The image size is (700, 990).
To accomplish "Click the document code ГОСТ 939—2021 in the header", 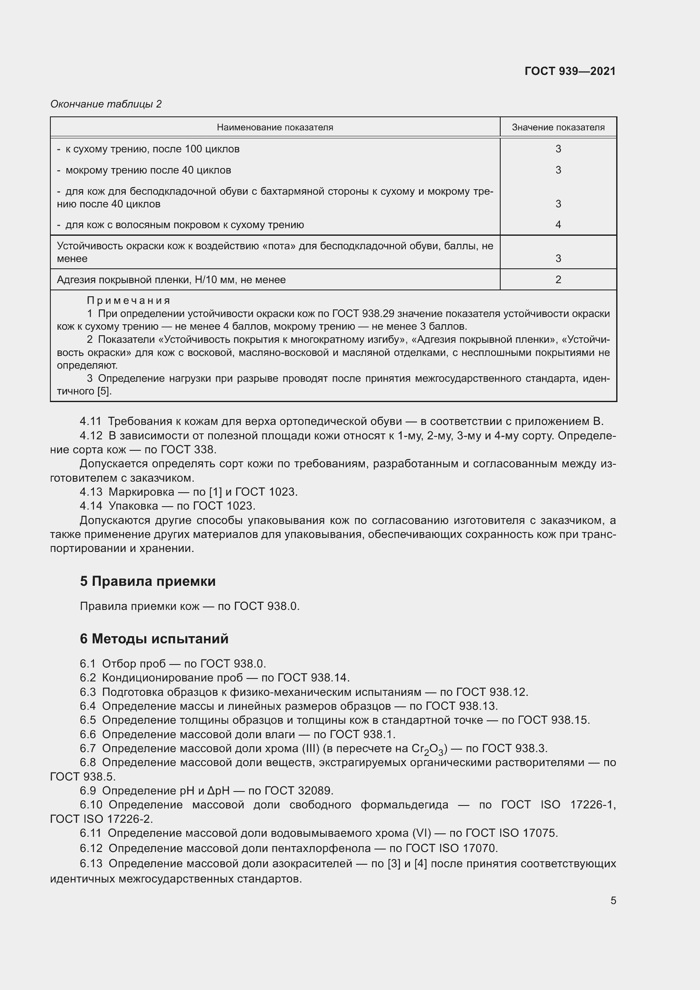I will [570, 71].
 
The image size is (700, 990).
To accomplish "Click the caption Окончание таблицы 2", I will [106, 104].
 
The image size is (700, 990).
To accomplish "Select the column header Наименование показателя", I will [275, 127].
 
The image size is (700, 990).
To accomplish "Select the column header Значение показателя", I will [558, 127].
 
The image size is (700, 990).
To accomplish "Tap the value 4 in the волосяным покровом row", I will [558, 224].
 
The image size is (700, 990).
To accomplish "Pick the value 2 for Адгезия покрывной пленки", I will [558, 279].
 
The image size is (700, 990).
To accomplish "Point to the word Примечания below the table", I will [129, 301].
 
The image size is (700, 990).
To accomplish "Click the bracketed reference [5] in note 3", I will [103, 391].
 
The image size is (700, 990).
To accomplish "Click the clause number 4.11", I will [91, 421].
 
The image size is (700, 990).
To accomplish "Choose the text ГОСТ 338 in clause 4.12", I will [187, 449].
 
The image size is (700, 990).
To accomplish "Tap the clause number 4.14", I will [91, 505].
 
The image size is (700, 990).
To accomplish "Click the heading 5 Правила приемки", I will [147, 581].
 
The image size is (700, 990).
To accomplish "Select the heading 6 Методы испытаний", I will [154, 639].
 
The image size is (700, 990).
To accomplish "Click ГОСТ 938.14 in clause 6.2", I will [313, 677].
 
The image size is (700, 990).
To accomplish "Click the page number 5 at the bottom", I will [613, 900].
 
